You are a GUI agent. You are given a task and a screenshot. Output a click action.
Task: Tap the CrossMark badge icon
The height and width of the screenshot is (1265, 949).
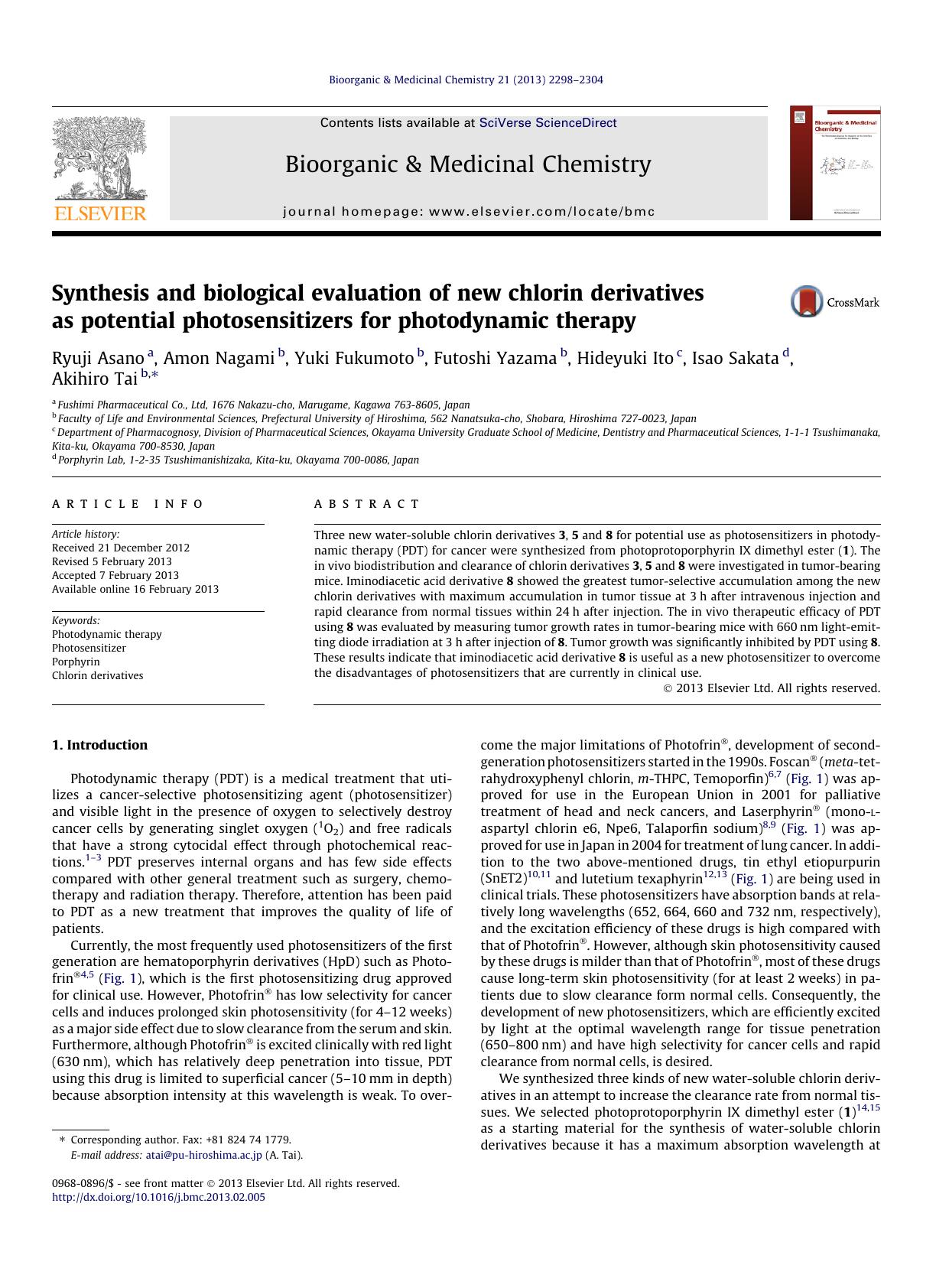[x=806, y=302]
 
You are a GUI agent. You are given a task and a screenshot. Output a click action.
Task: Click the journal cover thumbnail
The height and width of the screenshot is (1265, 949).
[x=834, y=164]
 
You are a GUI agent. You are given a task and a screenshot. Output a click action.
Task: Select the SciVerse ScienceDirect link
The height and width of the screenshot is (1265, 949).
[x=548, y=123]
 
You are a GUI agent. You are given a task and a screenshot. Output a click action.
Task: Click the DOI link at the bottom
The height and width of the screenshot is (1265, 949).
[x=158, y=1197]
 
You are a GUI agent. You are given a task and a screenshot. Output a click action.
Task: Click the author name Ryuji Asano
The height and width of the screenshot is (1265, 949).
[x=98, y=358]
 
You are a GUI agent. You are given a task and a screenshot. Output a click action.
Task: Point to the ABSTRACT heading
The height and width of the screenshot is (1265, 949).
[x=366, y=504]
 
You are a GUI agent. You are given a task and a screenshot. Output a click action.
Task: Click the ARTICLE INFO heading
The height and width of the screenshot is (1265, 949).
[x=128, y=504]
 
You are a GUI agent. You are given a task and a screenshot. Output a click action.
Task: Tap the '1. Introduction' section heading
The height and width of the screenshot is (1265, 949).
[x=99, y=745]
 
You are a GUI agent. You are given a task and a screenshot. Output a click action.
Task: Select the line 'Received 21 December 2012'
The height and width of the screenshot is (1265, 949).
[x=121, y=548]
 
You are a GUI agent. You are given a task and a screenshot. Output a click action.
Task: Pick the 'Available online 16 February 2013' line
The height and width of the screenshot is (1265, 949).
[x=135, y=589]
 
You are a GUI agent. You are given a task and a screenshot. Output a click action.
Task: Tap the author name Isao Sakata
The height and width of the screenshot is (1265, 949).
[x=735, y=358]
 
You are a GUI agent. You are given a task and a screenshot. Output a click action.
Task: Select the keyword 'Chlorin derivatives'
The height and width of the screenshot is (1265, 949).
[x=97, y=675]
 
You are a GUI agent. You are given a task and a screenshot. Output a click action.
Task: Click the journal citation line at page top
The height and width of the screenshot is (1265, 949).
[x=466, y=80]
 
